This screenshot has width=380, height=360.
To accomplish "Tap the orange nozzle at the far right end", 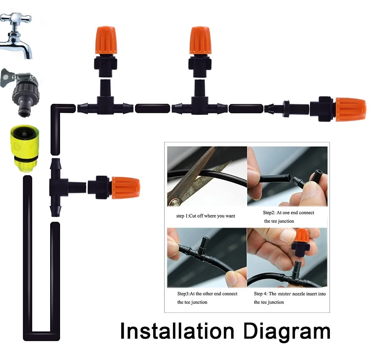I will point(350,110).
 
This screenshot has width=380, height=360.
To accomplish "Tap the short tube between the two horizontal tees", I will point(152,109).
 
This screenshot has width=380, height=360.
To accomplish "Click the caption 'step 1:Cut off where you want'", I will point(206,216).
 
